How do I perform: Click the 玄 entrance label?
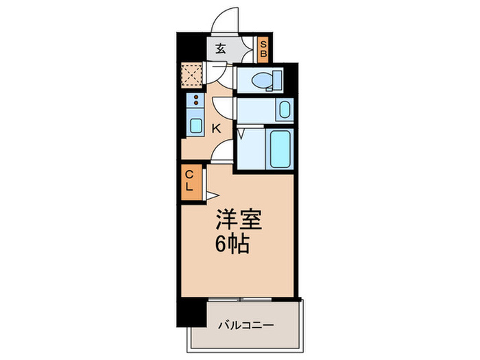point(220,49)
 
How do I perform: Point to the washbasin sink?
point(283,110)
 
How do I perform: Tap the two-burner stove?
point(196,102)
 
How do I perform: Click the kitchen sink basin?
point(195,126)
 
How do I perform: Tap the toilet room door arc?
point(222,72)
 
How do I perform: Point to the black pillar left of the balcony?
point(191,313)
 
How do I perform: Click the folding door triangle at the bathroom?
point(241,134)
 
